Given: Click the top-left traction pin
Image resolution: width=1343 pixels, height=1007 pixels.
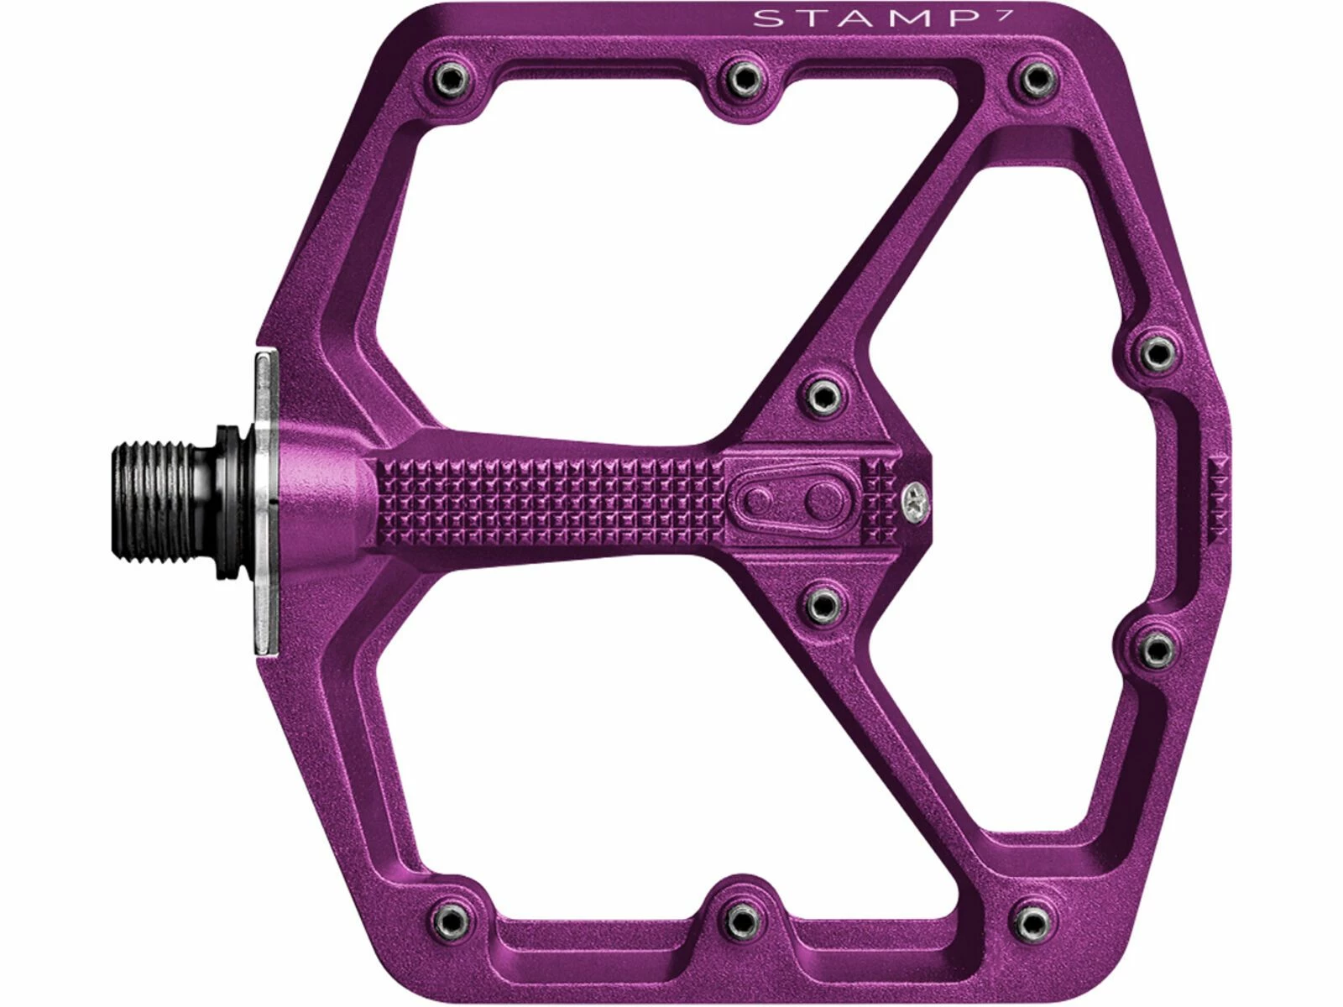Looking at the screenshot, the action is tap(450, 76).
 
